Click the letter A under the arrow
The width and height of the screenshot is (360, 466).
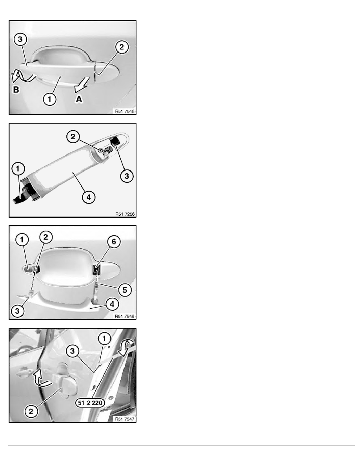coord(79,99)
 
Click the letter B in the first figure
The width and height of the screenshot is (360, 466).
coord(16,89)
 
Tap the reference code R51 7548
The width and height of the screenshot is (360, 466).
coord(125,111)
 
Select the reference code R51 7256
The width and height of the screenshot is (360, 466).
coord(125,214)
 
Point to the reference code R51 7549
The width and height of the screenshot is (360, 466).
coord(125,317)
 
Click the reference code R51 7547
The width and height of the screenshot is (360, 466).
coord(125,419)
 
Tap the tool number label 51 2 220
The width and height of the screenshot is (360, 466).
coord(90,403)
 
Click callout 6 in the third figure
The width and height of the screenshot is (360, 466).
coord(114,242)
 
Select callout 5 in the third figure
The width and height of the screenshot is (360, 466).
coord(125,290)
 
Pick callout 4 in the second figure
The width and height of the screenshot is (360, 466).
coord(89,197)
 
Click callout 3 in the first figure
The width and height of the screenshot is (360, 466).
coord(20,39)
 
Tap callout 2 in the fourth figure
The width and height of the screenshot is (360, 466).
coord(31,411)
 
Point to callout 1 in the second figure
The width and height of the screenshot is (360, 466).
coord(18,169)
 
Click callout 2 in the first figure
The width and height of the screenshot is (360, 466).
coord(122,47)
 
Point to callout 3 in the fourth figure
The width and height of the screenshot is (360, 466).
coord(73,351)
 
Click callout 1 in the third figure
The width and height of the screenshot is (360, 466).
coord(22,240)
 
